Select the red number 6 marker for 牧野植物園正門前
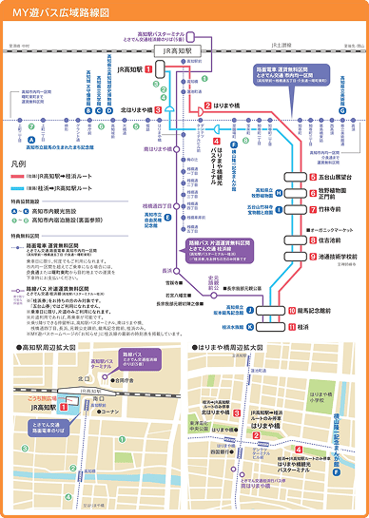[x=312, y=193]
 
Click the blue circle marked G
[x=356, y=110]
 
